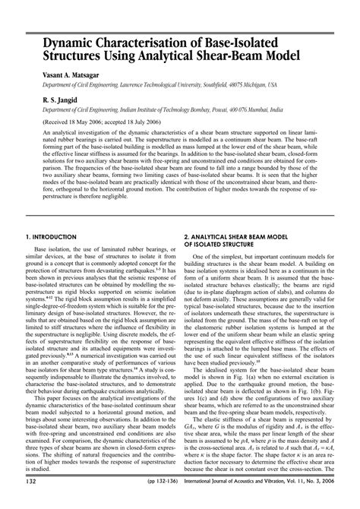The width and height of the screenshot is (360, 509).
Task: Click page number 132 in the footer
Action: [x=32, y=501]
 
